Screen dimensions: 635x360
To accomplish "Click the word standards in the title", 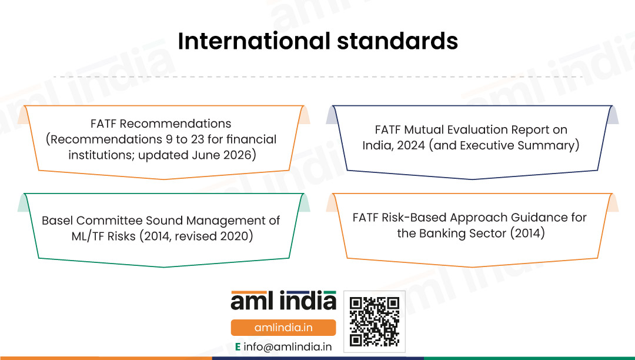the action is pyautogui.click(x=397, y=41).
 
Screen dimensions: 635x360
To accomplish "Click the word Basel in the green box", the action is pyautogui.click(x=57, y=220).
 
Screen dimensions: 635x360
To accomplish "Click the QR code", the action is pyautogui.click(x=375, y=322).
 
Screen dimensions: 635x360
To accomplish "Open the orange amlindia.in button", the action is pyautogui.click(x=283, y=328).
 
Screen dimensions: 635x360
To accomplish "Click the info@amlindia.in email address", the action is pyautogui.click(x=288, y=347).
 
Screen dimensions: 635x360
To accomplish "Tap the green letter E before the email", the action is pyautogui.click(x=238, y=347).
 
